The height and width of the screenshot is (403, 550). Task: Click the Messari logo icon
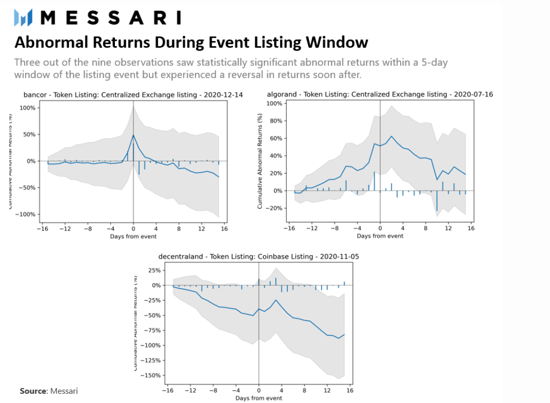(24, 17)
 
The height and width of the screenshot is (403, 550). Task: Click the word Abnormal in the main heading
(46, 42)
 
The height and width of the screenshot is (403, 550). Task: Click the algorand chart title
(380, 95)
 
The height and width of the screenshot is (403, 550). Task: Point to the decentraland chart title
(258, 257)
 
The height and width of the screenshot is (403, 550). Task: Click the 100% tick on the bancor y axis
(27, 107)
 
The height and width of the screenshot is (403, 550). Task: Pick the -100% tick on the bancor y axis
(26, 214)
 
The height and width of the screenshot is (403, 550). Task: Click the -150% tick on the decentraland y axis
(150, 375)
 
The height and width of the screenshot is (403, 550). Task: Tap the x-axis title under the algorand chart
(380, 236)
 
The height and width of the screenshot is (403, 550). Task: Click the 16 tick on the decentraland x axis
(350, 390)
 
